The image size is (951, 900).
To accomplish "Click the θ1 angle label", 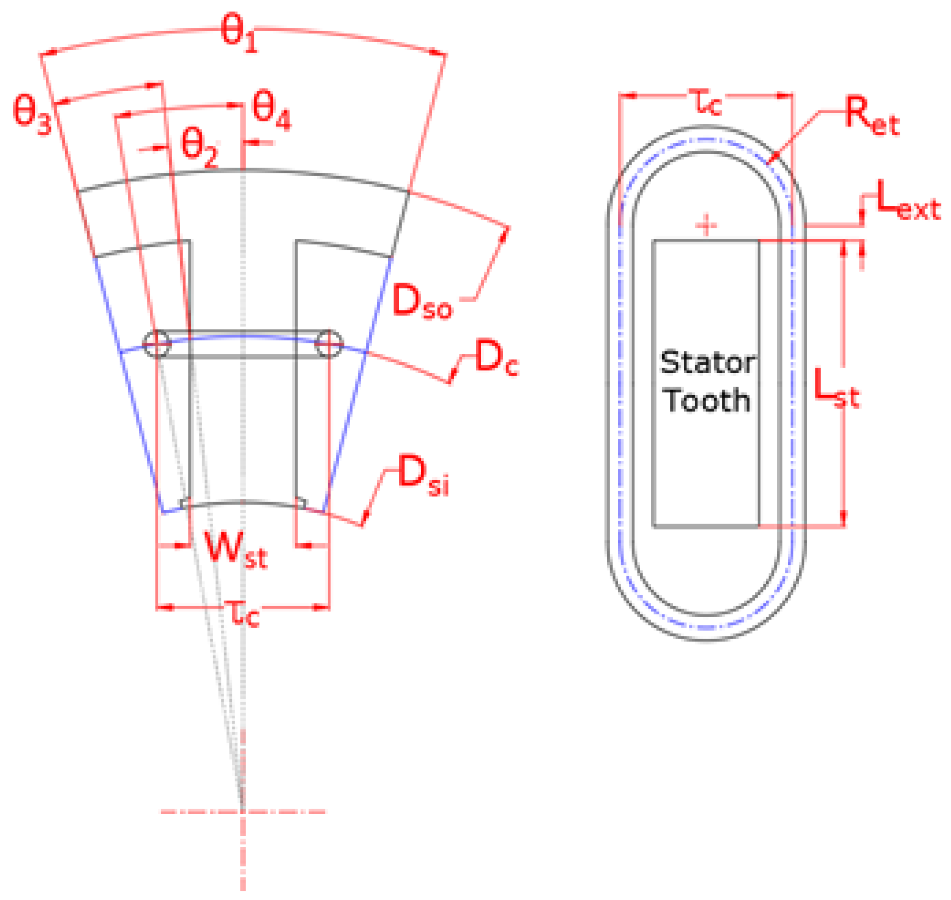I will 238,33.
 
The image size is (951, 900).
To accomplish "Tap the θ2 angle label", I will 199,147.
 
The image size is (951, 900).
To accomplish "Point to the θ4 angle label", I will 271,110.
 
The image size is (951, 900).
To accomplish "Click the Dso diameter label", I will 421,302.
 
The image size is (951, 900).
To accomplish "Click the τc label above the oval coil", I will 705,102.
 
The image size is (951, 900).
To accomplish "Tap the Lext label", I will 908,201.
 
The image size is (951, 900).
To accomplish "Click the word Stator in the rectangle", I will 708,363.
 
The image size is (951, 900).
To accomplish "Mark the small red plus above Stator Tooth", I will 705,225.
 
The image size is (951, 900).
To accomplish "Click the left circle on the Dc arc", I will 157,343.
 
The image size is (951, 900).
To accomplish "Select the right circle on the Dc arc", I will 329,343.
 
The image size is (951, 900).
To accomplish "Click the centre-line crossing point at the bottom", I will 242,812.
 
